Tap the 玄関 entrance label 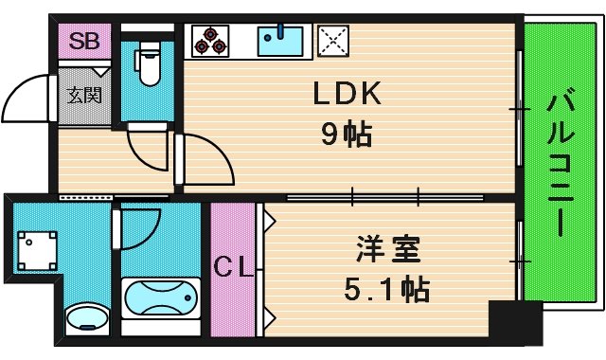coord(79,95)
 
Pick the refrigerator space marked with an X coord(332,41)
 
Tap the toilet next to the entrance coord(148,64)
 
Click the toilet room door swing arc coord(147,150)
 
